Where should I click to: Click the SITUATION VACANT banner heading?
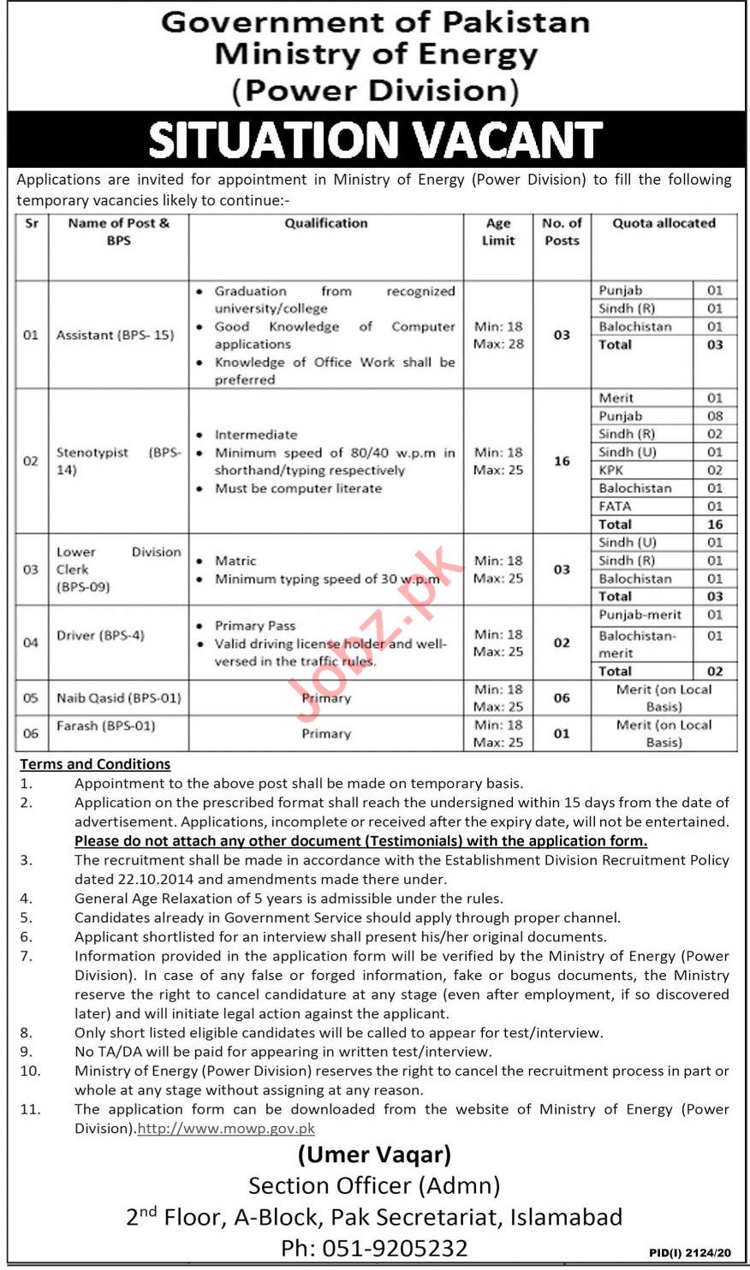coord(375,140)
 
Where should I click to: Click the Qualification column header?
coord(326,223)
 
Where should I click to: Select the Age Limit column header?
coord(498,232)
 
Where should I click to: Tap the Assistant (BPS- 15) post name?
coord(115,335)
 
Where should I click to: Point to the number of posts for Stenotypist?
coord(562,461)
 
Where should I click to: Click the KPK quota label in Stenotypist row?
coord(611,470)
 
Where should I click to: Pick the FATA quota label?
coord(615,506)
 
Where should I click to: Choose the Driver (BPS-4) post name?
coord(100,635)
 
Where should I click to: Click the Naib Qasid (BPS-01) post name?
coord(118,697)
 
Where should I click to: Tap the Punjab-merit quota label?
coord(640,614)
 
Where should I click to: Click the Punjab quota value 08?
coord(715,416)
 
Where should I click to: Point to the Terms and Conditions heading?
coord(95,764)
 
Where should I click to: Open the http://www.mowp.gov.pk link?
coord(226,1129)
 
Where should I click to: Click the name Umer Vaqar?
coord(374,1154)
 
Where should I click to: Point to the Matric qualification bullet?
coord(235,561)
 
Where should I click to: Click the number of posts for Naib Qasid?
coord(562,698)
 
